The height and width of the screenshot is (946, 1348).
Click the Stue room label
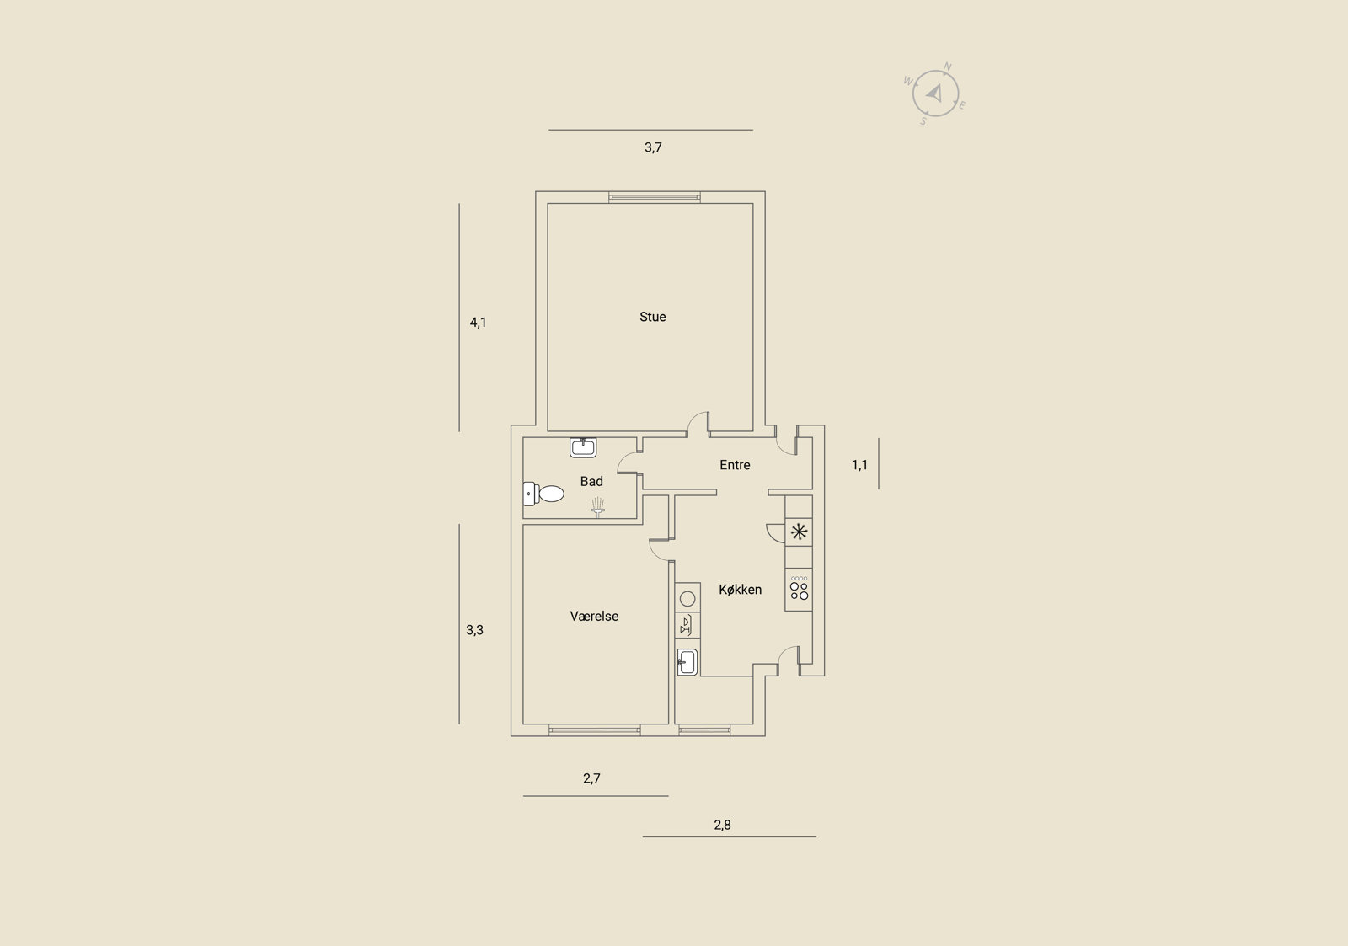coord(652,317)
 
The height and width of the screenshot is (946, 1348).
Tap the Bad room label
coord(591,482)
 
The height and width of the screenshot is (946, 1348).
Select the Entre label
coord(735,464)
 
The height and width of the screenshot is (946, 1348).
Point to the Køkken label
coord(741,589)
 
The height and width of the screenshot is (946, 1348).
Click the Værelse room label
coord(594,616)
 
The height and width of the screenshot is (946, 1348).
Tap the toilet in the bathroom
coord(543,494)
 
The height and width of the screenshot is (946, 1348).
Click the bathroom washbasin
coord(583,447)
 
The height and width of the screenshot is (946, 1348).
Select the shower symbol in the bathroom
coord(597,507)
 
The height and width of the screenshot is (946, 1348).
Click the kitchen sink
coord(687,662)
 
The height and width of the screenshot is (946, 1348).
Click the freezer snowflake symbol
coord(799,532)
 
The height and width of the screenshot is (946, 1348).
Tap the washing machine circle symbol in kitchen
coord(687,598)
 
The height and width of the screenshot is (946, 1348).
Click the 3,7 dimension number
coord(653,147)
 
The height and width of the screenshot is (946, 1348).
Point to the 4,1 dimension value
coord(478,323)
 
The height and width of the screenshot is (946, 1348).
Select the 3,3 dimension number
coord(474,630)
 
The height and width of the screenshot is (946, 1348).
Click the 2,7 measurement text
coord(591,778)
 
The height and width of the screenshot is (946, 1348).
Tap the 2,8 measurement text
coord(722,825)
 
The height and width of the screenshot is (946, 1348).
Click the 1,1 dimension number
coord(859,465)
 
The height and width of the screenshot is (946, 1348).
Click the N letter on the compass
coord(947,67)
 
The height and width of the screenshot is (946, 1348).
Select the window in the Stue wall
coord(654,197)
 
